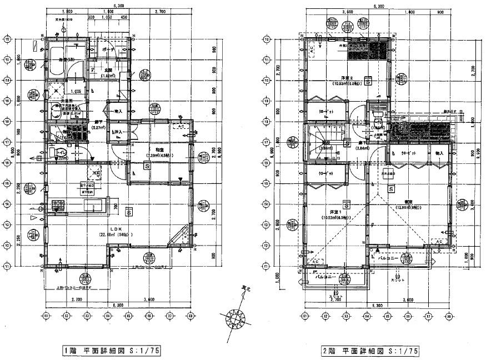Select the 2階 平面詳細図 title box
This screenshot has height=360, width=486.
369,351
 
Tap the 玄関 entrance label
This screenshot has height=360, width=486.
110,70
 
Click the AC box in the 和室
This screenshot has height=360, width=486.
181,126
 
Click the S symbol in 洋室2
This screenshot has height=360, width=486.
368,81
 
